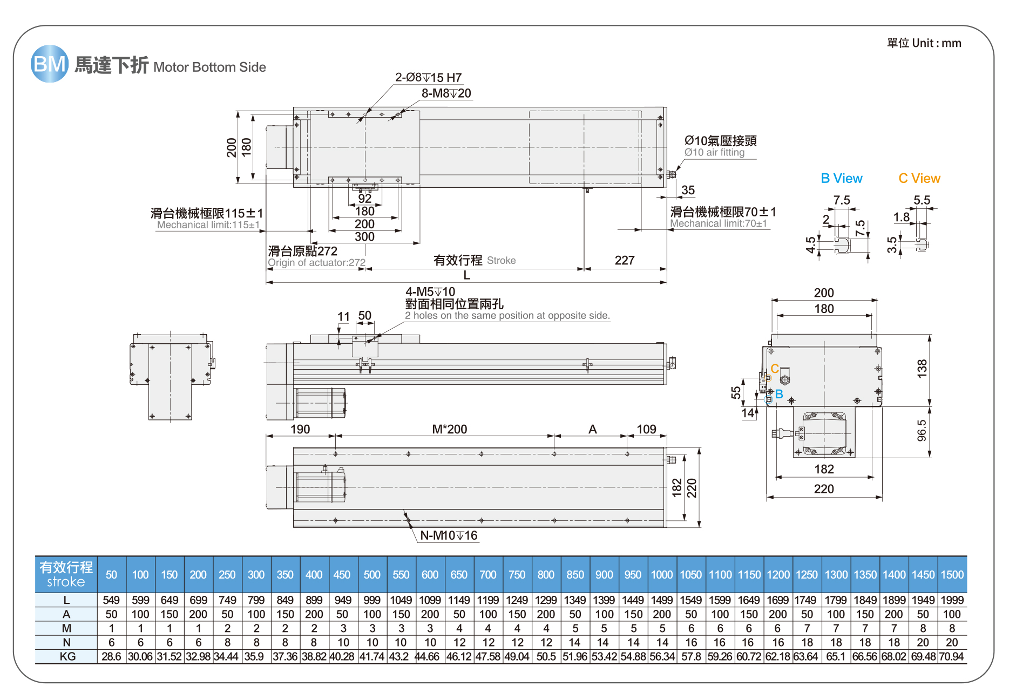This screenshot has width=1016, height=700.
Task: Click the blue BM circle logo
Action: pyautogui.click(x=49, y=64)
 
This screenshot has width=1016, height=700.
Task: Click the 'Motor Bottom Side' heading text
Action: pyautogui.click(x=209, y=67)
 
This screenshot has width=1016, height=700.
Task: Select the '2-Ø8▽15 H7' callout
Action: pyautogui.click(x=428, y=78)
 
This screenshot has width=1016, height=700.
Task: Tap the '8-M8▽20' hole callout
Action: pyautogui.click(x=446, y=93)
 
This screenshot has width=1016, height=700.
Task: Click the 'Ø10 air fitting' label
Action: pyautogui.click(x=714, y=153)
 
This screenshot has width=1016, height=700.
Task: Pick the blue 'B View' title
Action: pyautogui.click(x=841, y=179)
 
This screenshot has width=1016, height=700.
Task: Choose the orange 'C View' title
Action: pyautogui.click(x=919, y=179)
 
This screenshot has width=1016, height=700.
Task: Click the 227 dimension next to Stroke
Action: pyautogui.click(x=624, y=261)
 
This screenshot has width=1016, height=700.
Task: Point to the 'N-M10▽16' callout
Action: pyautogui.click(x=449, y=535)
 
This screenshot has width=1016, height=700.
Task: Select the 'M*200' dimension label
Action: pyautogui.click(x=449, y=430)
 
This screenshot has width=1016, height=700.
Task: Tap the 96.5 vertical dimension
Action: pyautogui.click(x=922, y=431)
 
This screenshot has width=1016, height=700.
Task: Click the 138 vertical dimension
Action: pyautogui.click(x=922, y=368)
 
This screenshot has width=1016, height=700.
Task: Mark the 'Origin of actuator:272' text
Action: pyautogui.click(x=316, y=263)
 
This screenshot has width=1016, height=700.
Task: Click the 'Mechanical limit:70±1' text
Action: pyautogui.click(x=718, y=223)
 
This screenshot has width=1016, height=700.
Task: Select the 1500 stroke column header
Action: pyautogui.click(x=952, y=575)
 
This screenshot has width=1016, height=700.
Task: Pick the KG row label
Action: pyautogui.click(x=67, y=657)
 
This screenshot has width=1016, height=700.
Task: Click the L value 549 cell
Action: pyautogui.click(x=111, y=600)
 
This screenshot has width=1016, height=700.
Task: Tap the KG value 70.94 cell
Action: pyautogui.click(x=951, y=657)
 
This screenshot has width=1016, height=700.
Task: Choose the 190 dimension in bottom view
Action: pyautogui.click(x=300, y=430)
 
